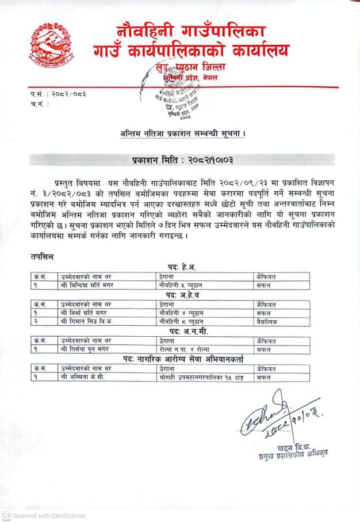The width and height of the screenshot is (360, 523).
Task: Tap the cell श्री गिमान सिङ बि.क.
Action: pyautogui.click(x=81, y=322)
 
